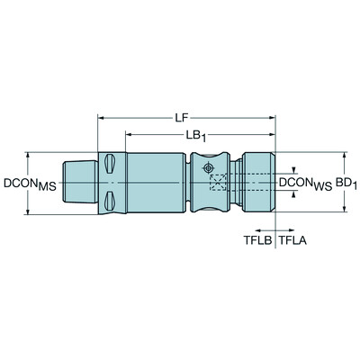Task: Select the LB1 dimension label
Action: tap(201, 136)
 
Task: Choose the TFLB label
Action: tap(258, 242)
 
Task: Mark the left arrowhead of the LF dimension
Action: tap(102, 118)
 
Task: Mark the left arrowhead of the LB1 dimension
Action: tap(130, 136)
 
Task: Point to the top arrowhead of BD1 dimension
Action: tap(344, 155)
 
